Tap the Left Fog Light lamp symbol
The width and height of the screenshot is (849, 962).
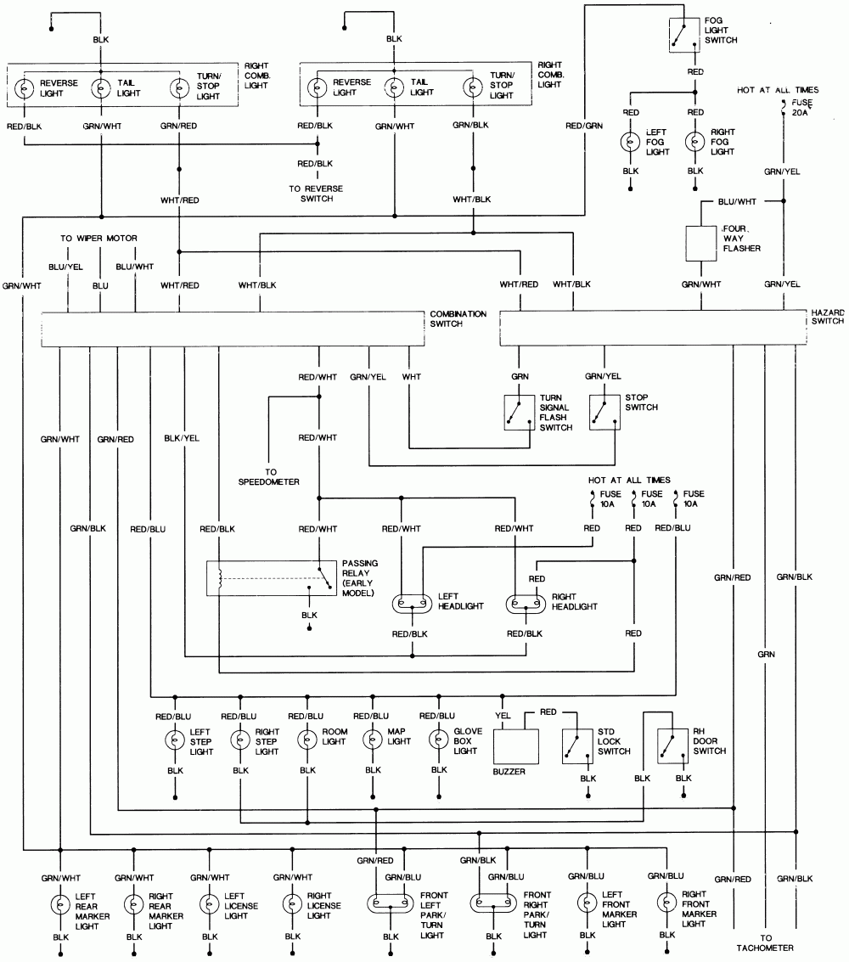coord(631,141)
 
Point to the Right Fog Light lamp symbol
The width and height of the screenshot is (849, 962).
coord(695,141)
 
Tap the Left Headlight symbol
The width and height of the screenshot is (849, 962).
coord(413,605)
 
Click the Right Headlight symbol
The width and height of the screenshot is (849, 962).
coord(526,605)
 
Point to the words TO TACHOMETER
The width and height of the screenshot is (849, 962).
coord(766,942)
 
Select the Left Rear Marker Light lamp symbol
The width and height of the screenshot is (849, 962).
coord(60,903)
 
